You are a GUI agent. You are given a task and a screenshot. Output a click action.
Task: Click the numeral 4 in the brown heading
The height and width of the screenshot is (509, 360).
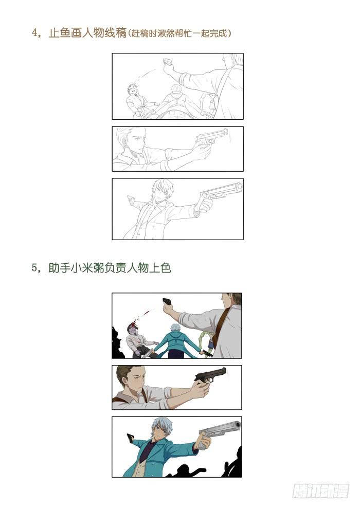point(35,33)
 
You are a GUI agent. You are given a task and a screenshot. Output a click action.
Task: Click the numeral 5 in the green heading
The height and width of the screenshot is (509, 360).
point(35,268)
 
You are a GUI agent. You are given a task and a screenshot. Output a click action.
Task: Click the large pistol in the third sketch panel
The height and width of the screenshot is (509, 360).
point(221,192)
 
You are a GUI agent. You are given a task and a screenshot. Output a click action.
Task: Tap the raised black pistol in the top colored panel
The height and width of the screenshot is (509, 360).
point(168,301)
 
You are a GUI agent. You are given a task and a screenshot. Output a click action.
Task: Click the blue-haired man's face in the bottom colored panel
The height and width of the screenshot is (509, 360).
point(161,431)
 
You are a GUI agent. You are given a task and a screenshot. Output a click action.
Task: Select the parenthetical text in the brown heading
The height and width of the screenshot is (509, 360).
point(180,33)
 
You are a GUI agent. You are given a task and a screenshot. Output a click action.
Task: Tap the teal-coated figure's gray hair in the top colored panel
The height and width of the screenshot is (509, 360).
point(176,326)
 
